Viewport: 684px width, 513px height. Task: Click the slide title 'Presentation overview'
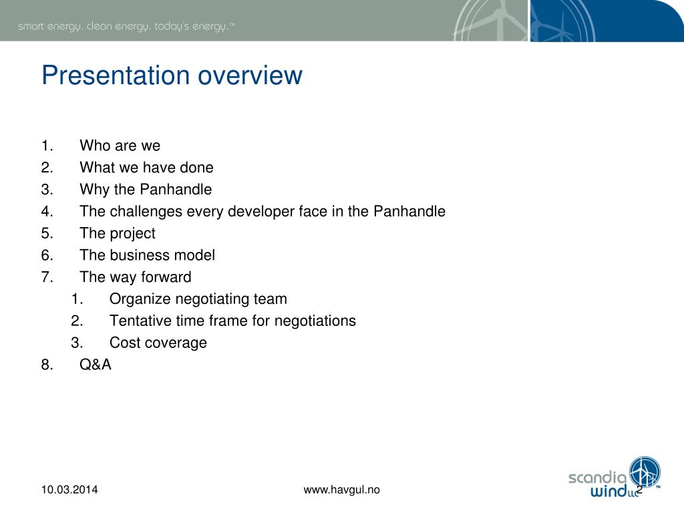pos(172,75)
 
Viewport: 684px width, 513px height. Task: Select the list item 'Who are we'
pos(120,146)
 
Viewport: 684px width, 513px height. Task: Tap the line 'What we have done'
pos(146,168)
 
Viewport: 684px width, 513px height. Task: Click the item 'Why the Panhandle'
pos(146,190)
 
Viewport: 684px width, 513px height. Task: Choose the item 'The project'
pos(118,234)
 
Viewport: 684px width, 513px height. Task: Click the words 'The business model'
pos(147,255)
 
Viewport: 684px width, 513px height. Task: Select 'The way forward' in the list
pos(135,277)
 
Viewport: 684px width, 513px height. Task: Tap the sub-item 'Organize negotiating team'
pos(198,299)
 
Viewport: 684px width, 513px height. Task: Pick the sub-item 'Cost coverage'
pos(158,343)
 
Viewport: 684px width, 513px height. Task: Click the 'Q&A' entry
pos(96,365)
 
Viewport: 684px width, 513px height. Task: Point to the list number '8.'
pos(47,365)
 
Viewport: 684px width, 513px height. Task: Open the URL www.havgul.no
pos(341,490)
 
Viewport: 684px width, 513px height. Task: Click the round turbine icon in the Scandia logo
pos(645,471)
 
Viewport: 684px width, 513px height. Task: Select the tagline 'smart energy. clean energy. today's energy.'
pos(126,27)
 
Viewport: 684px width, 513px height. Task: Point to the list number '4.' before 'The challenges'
pos(47,212)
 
